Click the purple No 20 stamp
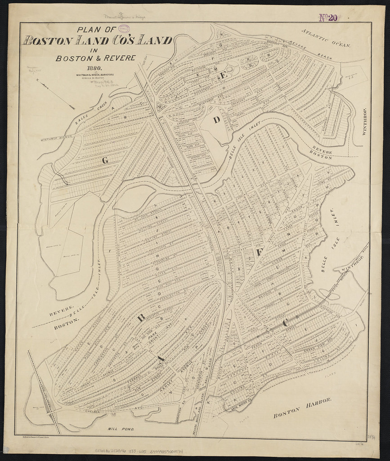[x=328, y=18]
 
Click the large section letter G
[x=105, y=160]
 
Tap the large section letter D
[x=217, y=120]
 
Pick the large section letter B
[x=141, y=317]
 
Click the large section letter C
[x=285, y=322]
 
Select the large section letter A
[x=160, y=358]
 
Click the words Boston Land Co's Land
[x=97, y=41]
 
